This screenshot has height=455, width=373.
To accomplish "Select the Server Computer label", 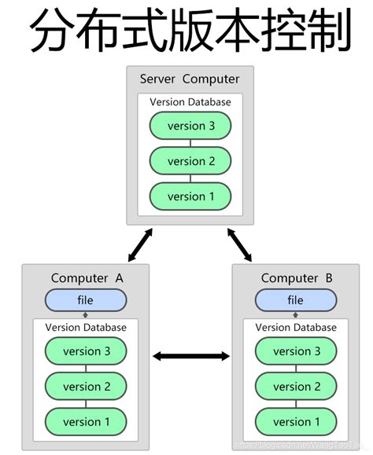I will tap(190, 79).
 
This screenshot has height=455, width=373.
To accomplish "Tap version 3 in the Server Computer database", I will tap(190, 126).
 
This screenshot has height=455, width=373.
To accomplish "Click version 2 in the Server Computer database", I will tap(190, 161).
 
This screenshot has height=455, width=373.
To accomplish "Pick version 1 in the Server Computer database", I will tap(190, 196).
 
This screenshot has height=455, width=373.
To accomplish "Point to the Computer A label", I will tap(87, 278).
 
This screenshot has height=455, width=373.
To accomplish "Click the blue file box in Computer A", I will tap(85, 300).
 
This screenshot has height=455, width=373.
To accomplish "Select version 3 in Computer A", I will tap(85, 351).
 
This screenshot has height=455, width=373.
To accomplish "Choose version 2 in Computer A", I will tap(85, 387).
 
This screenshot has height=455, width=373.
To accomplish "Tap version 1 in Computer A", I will tap(85, 422).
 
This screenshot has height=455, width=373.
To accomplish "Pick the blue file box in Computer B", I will tap(295, 300).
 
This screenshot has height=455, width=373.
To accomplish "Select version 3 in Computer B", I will tap(295, 351).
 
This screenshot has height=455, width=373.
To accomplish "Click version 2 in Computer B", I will tap(295, 387).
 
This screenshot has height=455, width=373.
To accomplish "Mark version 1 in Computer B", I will tap(295, 422).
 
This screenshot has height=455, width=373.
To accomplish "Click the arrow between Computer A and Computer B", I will tap(190, 357).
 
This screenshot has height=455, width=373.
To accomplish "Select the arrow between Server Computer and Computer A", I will tap(141, 244).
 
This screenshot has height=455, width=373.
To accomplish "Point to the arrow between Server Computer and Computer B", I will tap(239, 244).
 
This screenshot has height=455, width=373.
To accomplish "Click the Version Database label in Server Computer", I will tap(190, 102).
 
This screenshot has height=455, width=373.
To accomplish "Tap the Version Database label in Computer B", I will tap(295, 328).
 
